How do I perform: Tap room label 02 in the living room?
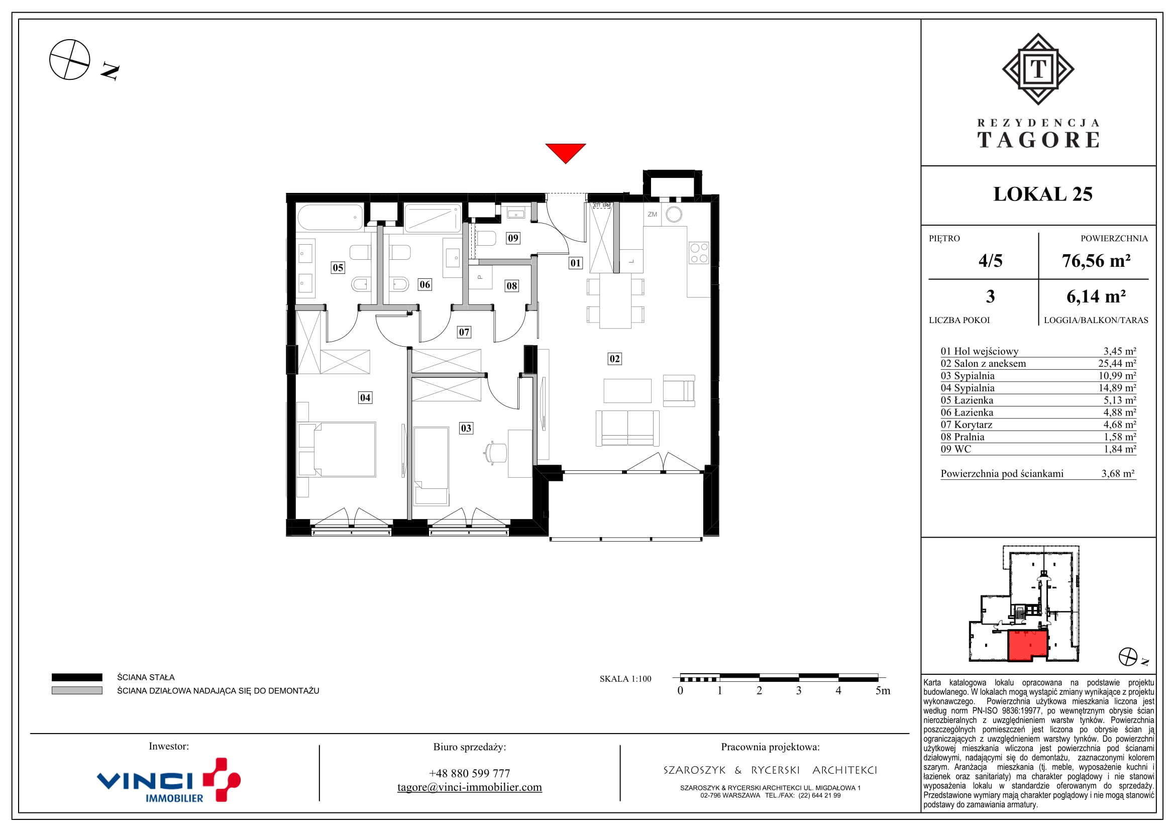click(614, 359)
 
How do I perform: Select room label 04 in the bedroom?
click(365, 397)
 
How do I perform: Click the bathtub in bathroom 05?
click(330, 217)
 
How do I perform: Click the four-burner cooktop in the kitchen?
click(699, 253)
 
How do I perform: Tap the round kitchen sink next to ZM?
click(674, 215)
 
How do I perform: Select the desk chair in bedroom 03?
click(495, 453)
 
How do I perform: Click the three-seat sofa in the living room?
click(627, 428)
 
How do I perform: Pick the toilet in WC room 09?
click(486, 239)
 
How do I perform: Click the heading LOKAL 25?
click(1043, 194)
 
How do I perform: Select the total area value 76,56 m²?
click(1096, 261)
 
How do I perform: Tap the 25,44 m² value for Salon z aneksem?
click(1117, 363)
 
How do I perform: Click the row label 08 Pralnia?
click(962, 437)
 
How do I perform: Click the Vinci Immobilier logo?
click(169, 780)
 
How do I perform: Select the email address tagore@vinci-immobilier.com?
click(469, 787)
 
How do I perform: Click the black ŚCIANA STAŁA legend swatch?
click(77, 677)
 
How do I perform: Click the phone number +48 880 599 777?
click(469, 773)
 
